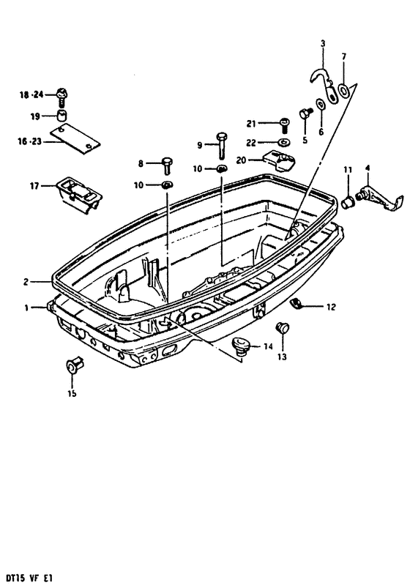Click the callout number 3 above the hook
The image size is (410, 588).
click(323, 43)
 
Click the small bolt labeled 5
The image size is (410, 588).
click(305, 113)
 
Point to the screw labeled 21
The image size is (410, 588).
click(284, 125)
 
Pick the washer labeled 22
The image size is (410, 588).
click(284, 143)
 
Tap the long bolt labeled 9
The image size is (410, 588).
click(221, 145)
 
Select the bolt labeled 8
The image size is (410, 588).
click(166, 165)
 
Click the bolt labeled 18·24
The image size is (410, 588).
click(62, 97)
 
